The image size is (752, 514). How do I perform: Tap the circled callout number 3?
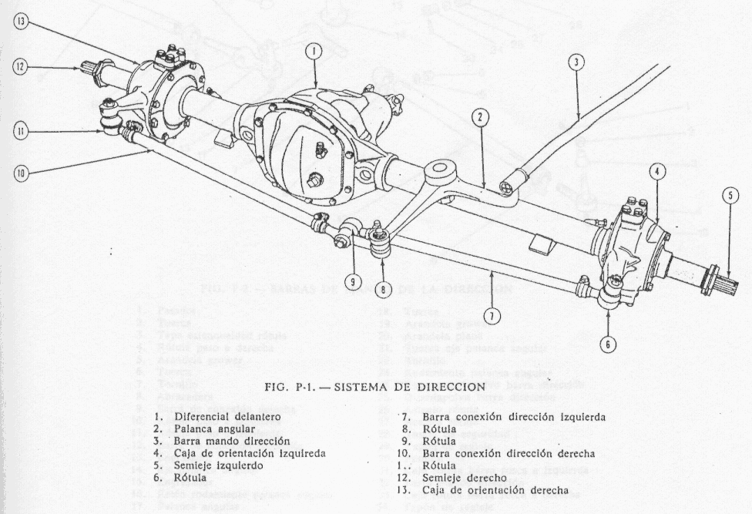pos(575,62)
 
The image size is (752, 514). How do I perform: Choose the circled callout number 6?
pos(608,344)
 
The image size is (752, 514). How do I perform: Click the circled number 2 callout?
pos(480,118)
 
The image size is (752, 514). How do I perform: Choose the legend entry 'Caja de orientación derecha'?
pos(494,490)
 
